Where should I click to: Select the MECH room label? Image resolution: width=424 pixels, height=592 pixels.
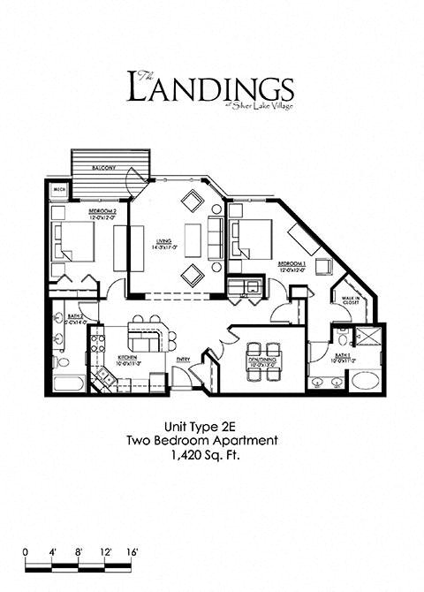(59, 189)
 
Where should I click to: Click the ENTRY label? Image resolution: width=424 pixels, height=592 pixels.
(184, 360)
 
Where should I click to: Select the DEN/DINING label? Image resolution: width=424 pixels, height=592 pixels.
(262, 360)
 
